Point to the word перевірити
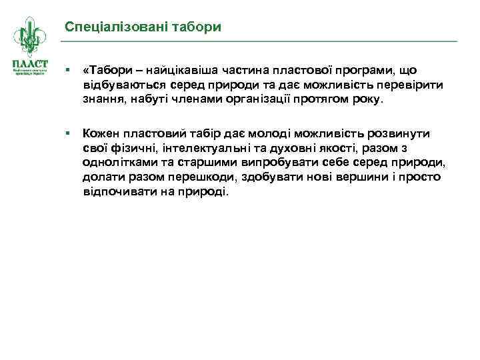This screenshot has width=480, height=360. coord(409,85)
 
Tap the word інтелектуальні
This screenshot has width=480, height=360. coord(198,148)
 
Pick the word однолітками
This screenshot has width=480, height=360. coord(118,163)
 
